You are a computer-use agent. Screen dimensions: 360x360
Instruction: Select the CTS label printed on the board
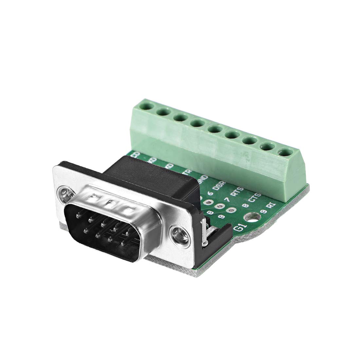click(253, 199)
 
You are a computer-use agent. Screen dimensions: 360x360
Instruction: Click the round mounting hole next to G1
click(252, 216)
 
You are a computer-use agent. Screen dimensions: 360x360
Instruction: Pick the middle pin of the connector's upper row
click(103, 224)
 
